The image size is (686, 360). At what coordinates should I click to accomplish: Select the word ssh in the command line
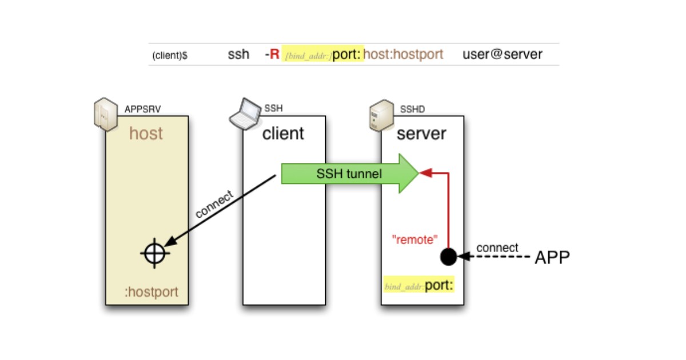tap(238, 55)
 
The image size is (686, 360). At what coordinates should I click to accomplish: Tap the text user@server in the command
tap(502, 55)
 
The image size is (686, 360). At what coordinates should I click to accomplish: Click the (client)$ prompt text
tap(170, 55)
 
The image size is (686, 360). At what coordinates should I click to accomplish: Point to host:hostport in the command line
tap(403, 55)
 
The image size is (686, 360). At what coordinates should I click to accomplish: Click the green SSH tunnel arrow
tap(349, 174)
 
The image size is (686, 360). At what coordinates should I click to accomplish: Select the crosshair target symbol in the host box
tap(154, 253)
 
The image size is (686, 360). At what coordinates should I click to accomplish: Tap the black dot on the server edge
tap(449, 257)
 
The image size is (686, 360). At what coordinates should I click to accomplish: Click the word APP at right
tap(552, 258)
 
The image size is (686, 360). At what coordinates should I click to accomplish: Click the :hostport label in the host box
tap(151, 292)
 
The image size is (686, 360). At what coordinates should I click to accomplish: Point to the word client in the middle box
tap(283, 134)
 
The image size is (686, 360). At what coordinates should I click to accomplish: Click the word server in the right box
tap(421, 134)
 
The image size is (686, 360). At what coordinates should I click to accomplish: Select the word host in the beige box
tap(146, 134)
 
